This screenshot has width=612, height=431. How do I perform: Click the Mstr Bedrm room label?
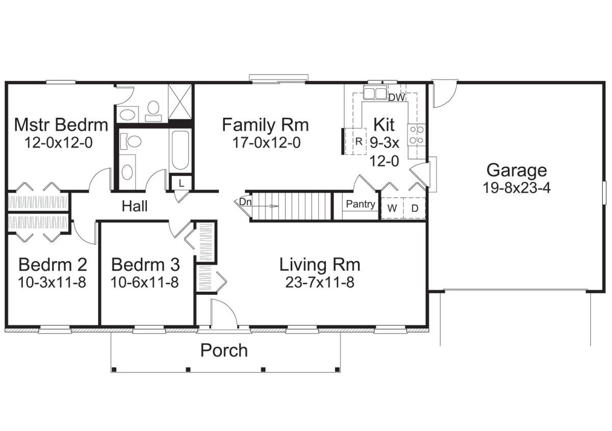click(x=61, y=125)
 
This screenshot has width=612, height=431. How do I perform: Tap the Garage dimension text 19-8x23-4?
click(x=517, y=188)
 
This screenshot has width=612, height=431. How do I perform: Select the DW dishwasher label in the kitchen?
click(x=397, y=97)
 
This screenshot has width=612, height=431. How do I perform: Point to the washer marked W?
click(x=392, y=208)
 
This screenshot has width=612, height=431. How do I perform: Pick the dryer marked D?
click(x=415, y=208)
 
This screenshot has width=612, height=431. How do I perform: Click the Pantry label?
click(x=361, y=204)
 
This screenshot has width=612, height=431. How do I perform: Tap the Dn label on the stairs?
click(x=245, y=202)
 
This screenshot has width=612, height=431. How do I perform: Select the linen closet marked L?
click(x=182, y=183)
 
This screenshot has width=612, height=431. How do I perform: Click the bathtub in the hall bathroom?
click(x=181, y=150)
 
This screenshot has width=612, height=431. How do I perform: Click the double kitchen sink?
click(x=375, y=93)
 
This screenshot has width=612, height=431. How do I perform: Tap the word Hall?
click(x=135, y=206)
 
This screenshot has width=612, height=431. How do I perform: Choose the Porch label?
click(x=224, y=350)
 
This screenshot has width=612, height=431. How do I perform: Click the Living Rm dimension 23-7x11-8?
click(x=320, y=283)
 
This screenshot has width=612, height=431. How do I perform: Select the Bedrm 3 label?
click(x=146, y=265)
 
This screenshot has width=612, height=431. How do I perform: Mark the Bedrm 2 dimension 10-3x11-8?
click(x=52, y=283)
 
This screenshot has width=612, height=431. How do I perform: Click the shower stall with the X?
click(x=180, y=102)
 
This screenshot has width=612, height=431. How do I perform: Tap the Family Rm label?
click(x=265, y=125)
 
